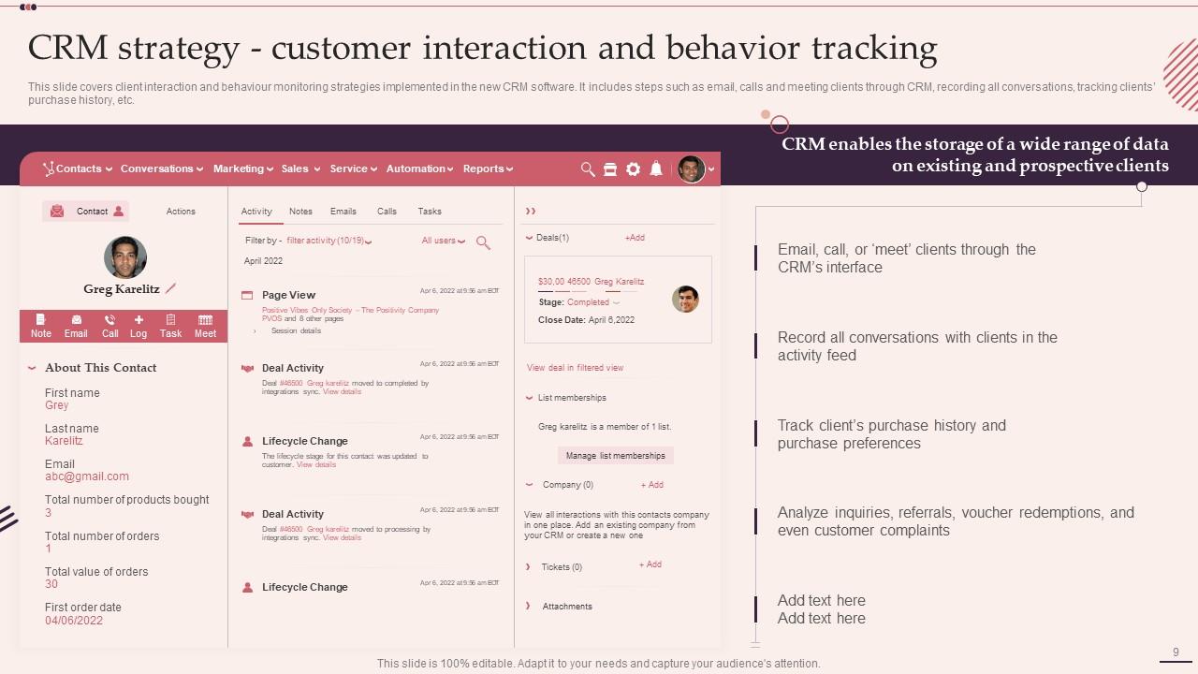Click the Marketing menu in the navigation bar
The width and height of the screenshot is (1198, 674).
click(242, 168)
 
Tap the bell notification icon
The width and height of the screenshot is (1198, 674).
click(656, 168)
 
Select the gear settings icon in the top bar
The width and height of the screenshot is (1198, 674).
click(633, 168)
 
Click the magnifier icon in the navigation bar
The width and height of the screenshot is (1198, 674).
click(588, 168)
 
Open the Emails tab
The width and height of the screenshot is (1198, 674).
click(343, 212)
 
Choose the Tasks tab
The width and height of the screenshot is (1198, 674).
click(430, 212)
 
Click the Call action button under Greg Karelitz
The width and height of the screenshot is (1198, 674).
click(110, 326)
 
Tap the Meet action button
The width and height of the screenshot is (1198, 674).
click(205, 326)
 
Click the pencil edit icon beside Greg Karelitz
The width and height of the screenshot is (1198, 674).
click(170, 289)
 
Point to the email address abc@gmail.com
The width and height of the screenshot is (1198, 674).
click(87, 476)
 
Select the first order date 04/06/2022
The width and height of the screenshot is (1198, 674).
click(74, 621)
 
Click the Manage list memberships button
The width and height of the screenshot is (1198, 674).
click(615, 456)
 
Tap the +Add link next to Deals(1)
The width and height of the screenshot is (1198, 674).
click(635, 238)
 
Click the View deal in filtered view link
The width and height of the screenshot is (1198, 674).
click(575, 368)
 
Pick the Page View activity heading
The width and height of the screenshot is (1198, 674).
click(288, 295)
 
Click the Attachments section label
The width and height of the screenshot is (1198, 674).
click(567, 607)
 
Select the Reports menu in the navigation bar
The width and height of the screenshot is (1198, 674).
click(487, 168)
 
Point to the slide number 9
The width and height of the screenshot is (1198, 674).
click(1176, 652)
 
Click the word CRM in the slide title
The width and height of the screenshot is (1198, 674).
click(66, 48)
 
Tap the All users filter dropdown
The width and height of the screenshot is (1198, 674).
click(443, 241)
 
